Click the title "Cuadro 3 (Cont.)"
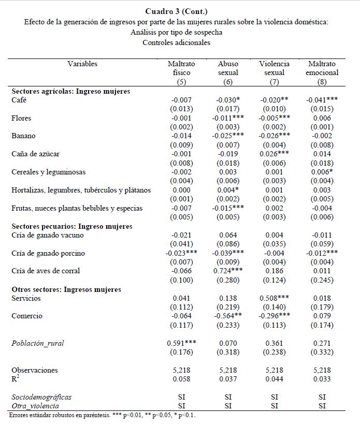pyautogui.click(x=176, y=11)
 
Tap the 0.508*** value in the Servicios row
pyautogui.click(x=275, y=298)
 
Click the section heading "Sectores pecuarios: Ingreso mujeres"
pyautogui.click(x=72, y=226)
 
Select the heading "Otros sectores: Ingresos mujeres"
pyautogui.click(x=66, y=289)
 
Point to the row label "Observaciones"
pyautogui.click(x=35, y=370)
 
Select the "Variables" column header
pyautogui.click(x=82, y=64)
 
